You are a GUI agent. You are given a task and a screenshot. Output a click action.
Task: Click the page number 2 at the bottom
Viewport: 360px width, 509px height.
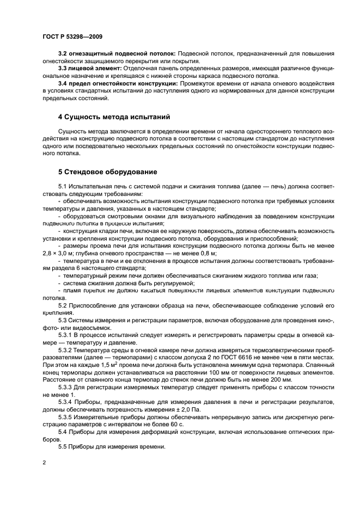[43, 462]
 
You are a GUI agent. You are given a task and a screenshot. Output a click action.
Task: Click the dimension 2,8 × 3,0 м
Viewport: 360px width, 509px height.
[61, 253]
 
